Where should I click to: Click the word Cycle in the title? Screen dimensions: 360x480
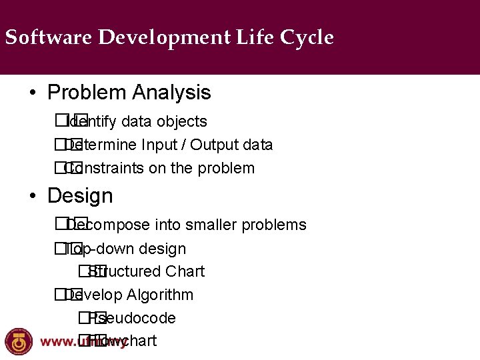(x=307, y=37)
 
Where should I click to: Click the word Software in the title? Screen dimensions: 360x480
(x=48, y=37)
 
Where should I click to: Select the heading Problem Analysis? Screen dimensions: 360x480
(x=129, y=93)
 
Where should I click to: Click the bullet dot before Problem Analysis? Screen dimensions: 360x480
(x=33, y=93)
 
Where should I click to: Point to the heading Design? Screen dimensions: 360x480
(x=80, y=196)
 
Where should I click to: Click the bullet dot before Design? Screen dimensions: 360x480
(x=33, y=197)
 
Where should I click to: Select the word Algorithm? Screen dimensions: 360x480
(x=160, y=295)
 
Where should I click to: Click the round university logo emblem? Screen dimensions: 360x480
(x=18, y=341)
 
